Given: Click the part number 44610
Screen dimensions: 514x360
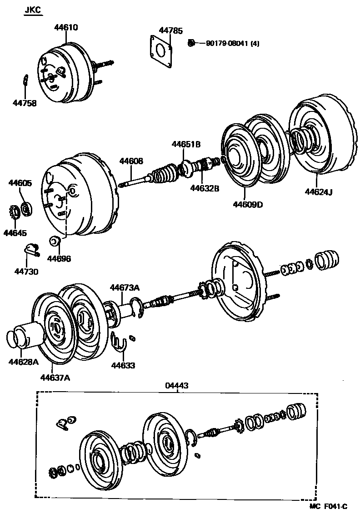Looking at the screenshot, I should [x=66, y=27].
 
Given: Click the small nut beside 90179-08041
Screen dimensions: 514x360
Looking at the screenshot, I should [x=191, y=43].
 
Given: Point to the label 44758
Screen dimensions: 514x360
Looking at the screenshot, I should [x=25, y=103].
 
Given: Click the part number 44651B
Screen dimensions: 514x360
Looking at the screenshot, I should [x=186, y=144].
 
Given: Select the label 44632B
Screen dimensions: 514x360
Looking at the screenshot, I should [x=205, y=187].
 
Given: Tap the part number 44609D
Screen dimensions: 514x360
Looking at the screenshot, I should [x=248, y=204].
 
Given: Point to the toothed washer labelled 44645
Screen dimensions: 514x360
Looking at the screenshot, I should [x=13, y=212].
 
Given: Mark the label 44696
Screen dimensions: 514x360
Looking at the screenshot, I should [x=59, y=258].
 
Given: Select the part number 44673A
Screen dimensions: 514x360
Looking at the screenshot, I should [x=124, y=287].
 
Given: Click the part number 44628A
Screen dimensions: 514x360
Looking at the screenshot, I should [x=23, y=362].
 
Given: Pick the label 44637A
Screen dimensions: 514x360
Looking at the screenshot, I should [x=55, y=377].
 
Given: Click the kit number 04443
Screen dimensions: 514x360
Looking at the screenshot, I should [x=177, y=385].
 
